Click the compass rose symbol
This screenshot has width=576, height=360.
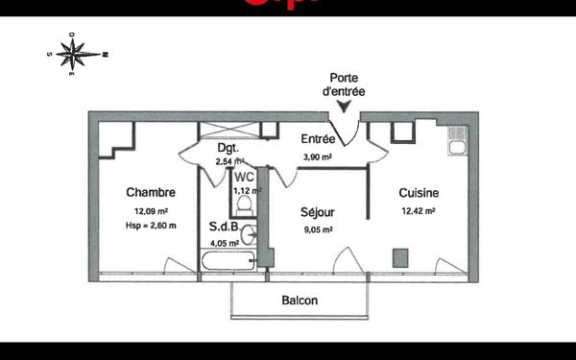77,53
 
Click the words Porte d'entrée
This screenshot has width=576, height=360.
345,84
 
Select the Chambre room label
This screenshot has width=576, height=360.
151,192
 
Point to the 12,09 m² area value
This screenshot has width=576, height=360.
152,210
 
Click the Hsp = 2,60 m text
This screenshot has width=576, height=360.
152,226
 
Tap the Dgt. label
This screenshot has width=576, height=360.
228,147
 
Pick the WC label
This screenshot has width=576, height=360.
245,177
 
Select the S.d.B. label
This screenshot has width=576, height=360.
226,228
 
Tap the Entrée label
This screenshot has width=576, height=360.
318,139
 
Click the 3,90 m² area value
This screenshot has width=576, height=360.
318,156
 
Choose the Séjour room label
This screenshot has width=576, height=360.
318,212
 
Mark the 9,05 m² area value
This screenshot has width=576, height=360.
318,229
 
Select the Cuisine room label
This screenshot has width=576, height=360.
420,192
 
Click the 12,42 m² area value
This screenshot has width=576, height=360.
420,210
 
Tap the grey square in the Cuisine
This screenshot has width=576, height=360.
400,256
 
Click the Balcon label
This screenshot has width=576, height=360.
300,300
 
